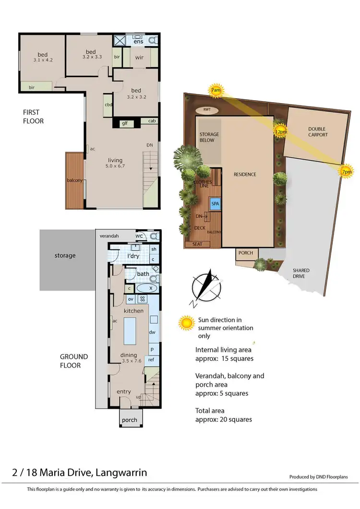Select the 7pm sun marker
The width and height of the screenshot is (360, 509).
(x=346, y=172)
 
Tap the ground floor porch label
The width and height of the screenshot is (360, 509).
(x=129, y=420)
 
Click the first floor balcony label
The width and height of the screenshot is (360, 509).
(x=75, y=180)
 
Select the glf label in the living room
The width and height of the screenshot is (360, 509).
(x=124, y=123)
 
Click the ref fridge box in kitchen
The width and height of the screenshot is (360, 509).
(x=152, y=359)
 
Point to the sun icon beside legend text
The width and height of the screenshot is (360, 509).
(x=186, y=323)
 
